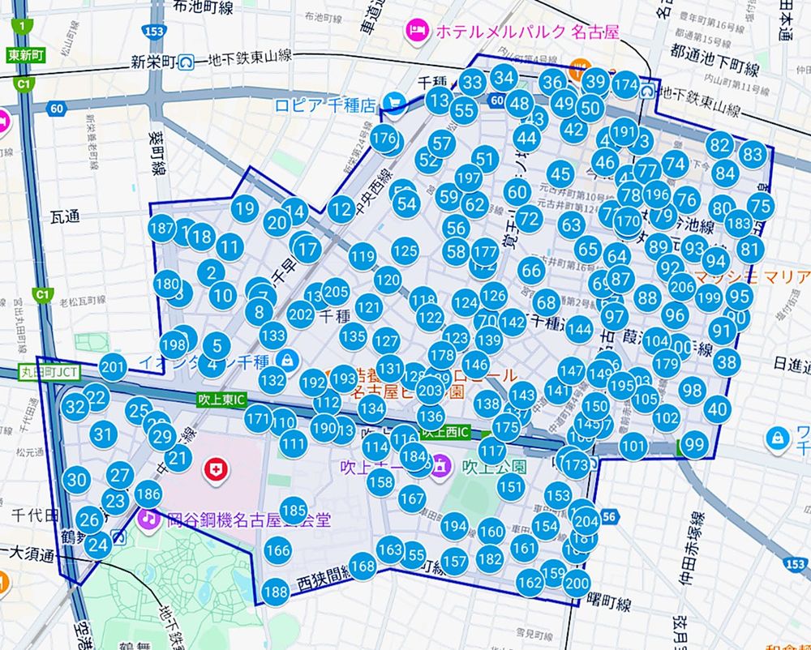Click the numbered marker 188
pyautogui.click(x=276, y=592)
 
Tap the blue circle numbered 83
pyautogui.click(x=753, y=153)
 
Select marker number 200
pyautogui.click(x=577, y=583)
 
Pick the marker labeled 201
pyautogui.click(x=113, y=367)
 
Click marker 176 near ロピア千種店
pyautogui.click(x=384, y=138)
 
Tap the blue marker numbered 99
pyautogui.click(x=693, y=443)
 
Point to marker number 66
pyautogui.click(x=531, y=270)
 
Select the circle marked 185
pyautogui.click(x=294, y=511)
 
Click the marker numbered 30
pyautogui.click(x=76, y=480)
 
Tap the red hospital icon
pyautogui.click(x=216, y=468)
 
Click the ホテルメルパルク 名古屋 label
pyautogui.click(x=527, y=32)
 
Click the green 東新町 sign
pyautogui.click(x=26, y=56)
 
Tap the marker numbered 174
pyautogui.click(x=625, y=84)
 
